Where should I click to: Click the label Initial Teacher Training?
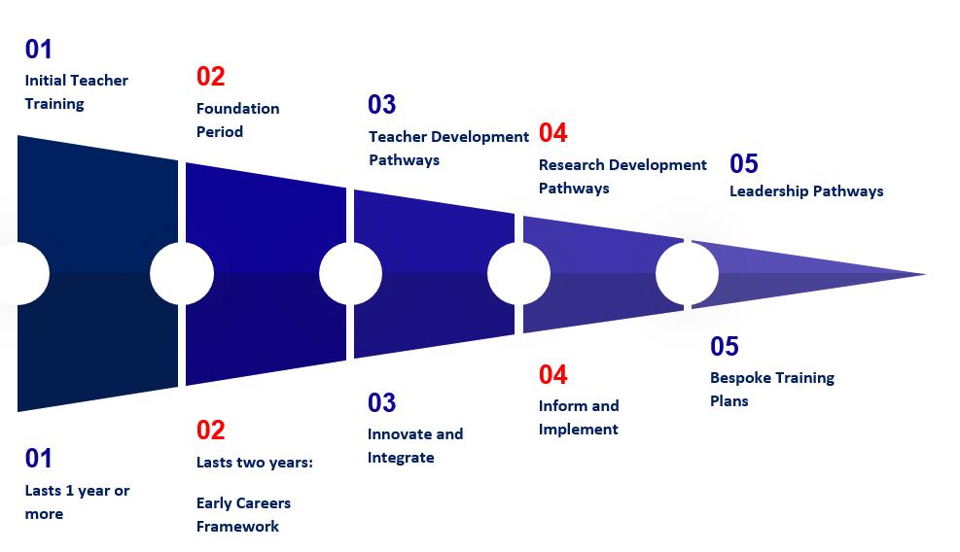pos(76,92)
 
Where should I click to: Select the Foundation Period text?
pos(237,120)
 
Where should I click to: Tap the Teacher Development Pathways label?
pos(448,148)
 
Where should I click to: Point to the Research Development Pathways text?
pos(622,176)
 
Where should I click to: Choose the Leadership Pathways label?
pos(806,190)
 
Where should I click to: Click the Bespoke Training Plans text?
pos(771,389)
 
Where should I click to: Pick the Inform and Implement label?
pos(579,417)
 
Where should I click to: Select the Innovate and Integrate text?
pos(414,445)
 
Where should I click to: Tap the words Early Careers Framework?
pos(243,514)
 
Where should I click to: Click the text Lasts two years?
pos(254,462)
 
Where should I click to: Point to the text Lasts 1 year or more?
pos(77,501)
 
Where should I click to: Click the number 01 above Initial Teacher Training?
pos(39,49)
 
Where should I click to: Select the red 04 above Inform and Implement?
pos(552,374)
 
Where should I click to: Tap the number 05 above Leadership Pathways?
pos(743,163)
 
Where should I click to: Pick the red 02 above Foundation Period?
pos(210,76)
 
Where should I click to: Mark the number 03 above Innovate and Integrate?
pos(381,402)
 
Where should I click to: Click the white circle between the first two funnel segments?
pos(182,274)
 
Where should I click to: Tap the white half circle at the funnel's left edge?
pos(29,274)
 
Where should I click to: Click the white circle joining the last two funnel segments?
pos(687,274)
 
